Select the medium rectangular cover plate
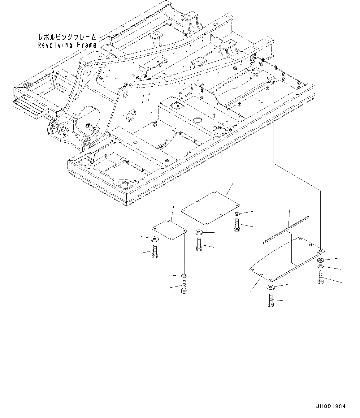click(210, 207)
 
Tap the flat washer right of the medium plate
click(236, 214)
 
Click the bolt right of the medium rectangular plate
click(237, 225)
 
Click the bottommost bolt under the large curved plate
click(271, 300)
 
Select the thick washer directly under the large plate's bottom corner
click(270, 288)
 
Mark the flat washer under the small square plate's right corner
click(184, 275)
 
